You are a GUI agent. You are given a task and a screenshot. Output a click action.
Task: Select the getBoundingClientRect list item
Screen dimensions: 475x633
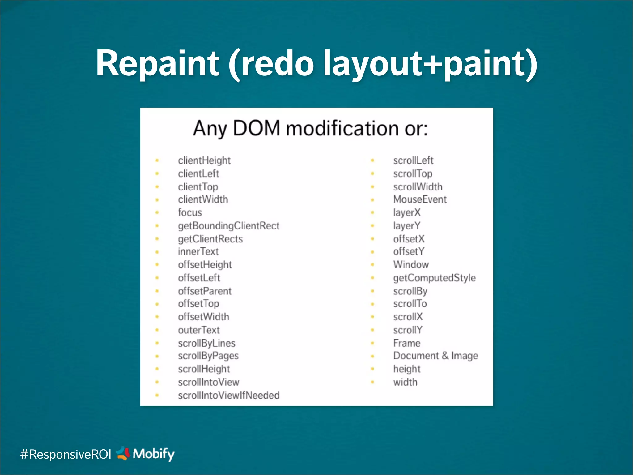[x=229, y=226]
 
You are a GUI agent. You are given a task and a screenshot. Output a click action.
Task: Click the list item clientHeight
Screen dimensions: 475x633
[x=204, y=160]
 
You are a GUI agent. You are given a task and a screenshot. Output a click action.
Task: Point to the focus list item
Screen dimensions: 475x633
[x=190, y=213]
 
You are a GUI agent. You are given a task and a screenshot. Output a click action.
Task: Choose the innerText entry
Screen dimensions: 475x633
[x=198, y=252]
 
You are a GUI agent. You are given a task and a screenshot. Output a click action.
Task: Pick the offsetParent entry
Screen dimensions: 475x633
[x=205, y=291]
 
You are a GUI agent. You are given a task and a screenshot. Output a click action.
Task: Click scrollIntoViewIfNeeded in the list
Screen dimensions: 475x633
[x=229, y=395]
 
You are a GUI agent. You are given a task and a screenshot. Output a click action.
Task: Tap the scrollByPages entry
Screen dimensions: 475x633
[x=208, y=356]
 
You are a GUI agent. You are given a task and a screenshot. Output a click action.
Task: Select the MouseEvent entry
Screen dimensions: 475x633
[x=420, y=199]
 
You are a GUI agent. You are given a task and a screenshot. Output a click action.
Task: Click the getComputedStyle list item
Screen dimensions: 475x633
[x=434, y=278]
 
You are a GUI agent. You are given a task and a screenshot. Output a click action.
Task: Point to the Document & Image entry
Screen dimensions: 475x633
[x=435, y=356]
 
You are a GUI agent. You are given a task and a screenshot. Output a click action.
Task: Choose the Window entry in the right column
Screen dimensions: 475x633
[x=411, y=265]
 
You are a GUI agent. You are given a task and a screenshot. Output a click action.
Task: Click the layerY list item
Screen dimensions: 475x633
[x=406, y=226]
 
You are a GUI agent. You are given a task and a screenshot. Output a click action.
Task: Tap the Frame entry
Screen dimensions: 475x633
[x=407, y=343]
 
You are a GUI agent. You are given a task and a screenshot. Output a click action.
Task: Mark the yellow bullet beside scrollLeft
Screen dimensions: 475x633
[x=372, y=160]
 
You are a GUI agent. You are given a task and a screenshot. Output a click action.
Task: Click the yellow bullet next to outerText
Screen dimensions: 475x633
[x=157, y=330]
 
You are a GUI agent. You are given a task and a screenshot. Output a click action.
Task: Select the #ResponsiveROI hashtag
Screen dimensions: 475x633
[x=66, y=454]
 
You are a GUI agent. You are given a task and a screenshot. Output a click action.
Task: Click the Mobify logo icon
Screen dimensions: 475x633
[x=123, y=453]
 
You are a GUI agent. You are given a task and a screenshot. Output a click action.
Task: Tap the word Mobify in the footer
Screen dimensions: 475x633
[x=154, y=454]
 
